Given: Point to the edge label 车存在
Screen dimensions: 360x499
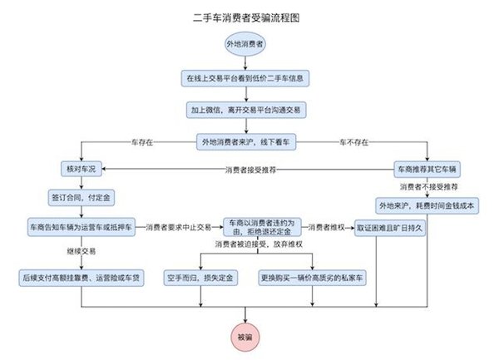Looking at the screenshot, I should (141, 141).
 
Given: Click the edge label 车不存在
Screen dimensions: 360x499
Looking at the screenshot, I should (351, 141).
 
